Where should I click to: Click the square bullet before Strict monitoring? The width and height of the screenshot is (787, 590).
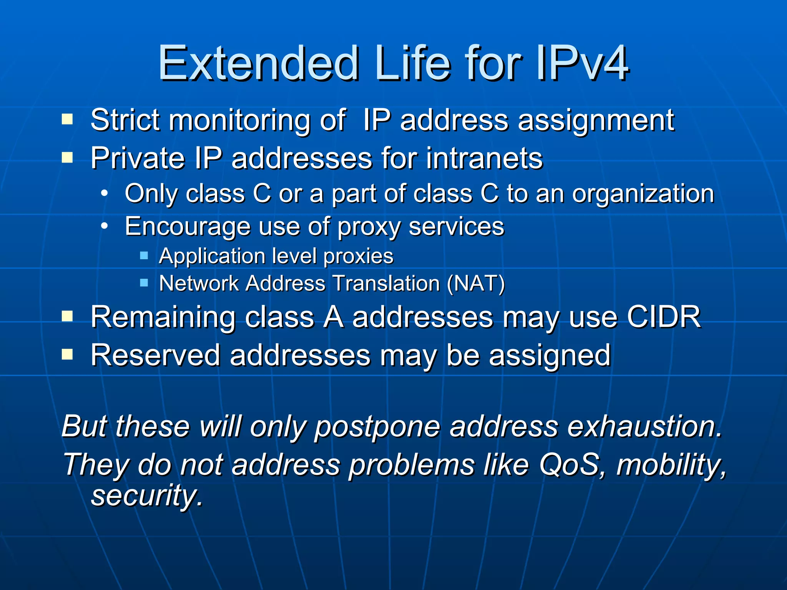67,119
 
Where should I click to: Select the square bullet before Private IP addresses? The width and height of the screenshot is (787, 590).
67,157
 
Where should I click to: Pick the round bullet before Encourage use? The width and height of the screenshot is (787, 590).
104,226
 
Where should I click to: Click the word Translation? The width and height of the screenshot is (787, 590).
386,283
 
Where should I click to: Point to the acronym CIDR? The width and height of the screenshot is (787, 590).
664,317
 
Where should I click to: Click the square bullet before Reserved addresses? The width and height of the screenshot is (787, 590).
67,355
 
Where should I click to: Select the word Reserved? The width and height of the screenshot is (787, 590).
155,355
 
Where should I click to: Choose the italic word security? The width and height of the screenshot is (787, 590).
146,496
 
